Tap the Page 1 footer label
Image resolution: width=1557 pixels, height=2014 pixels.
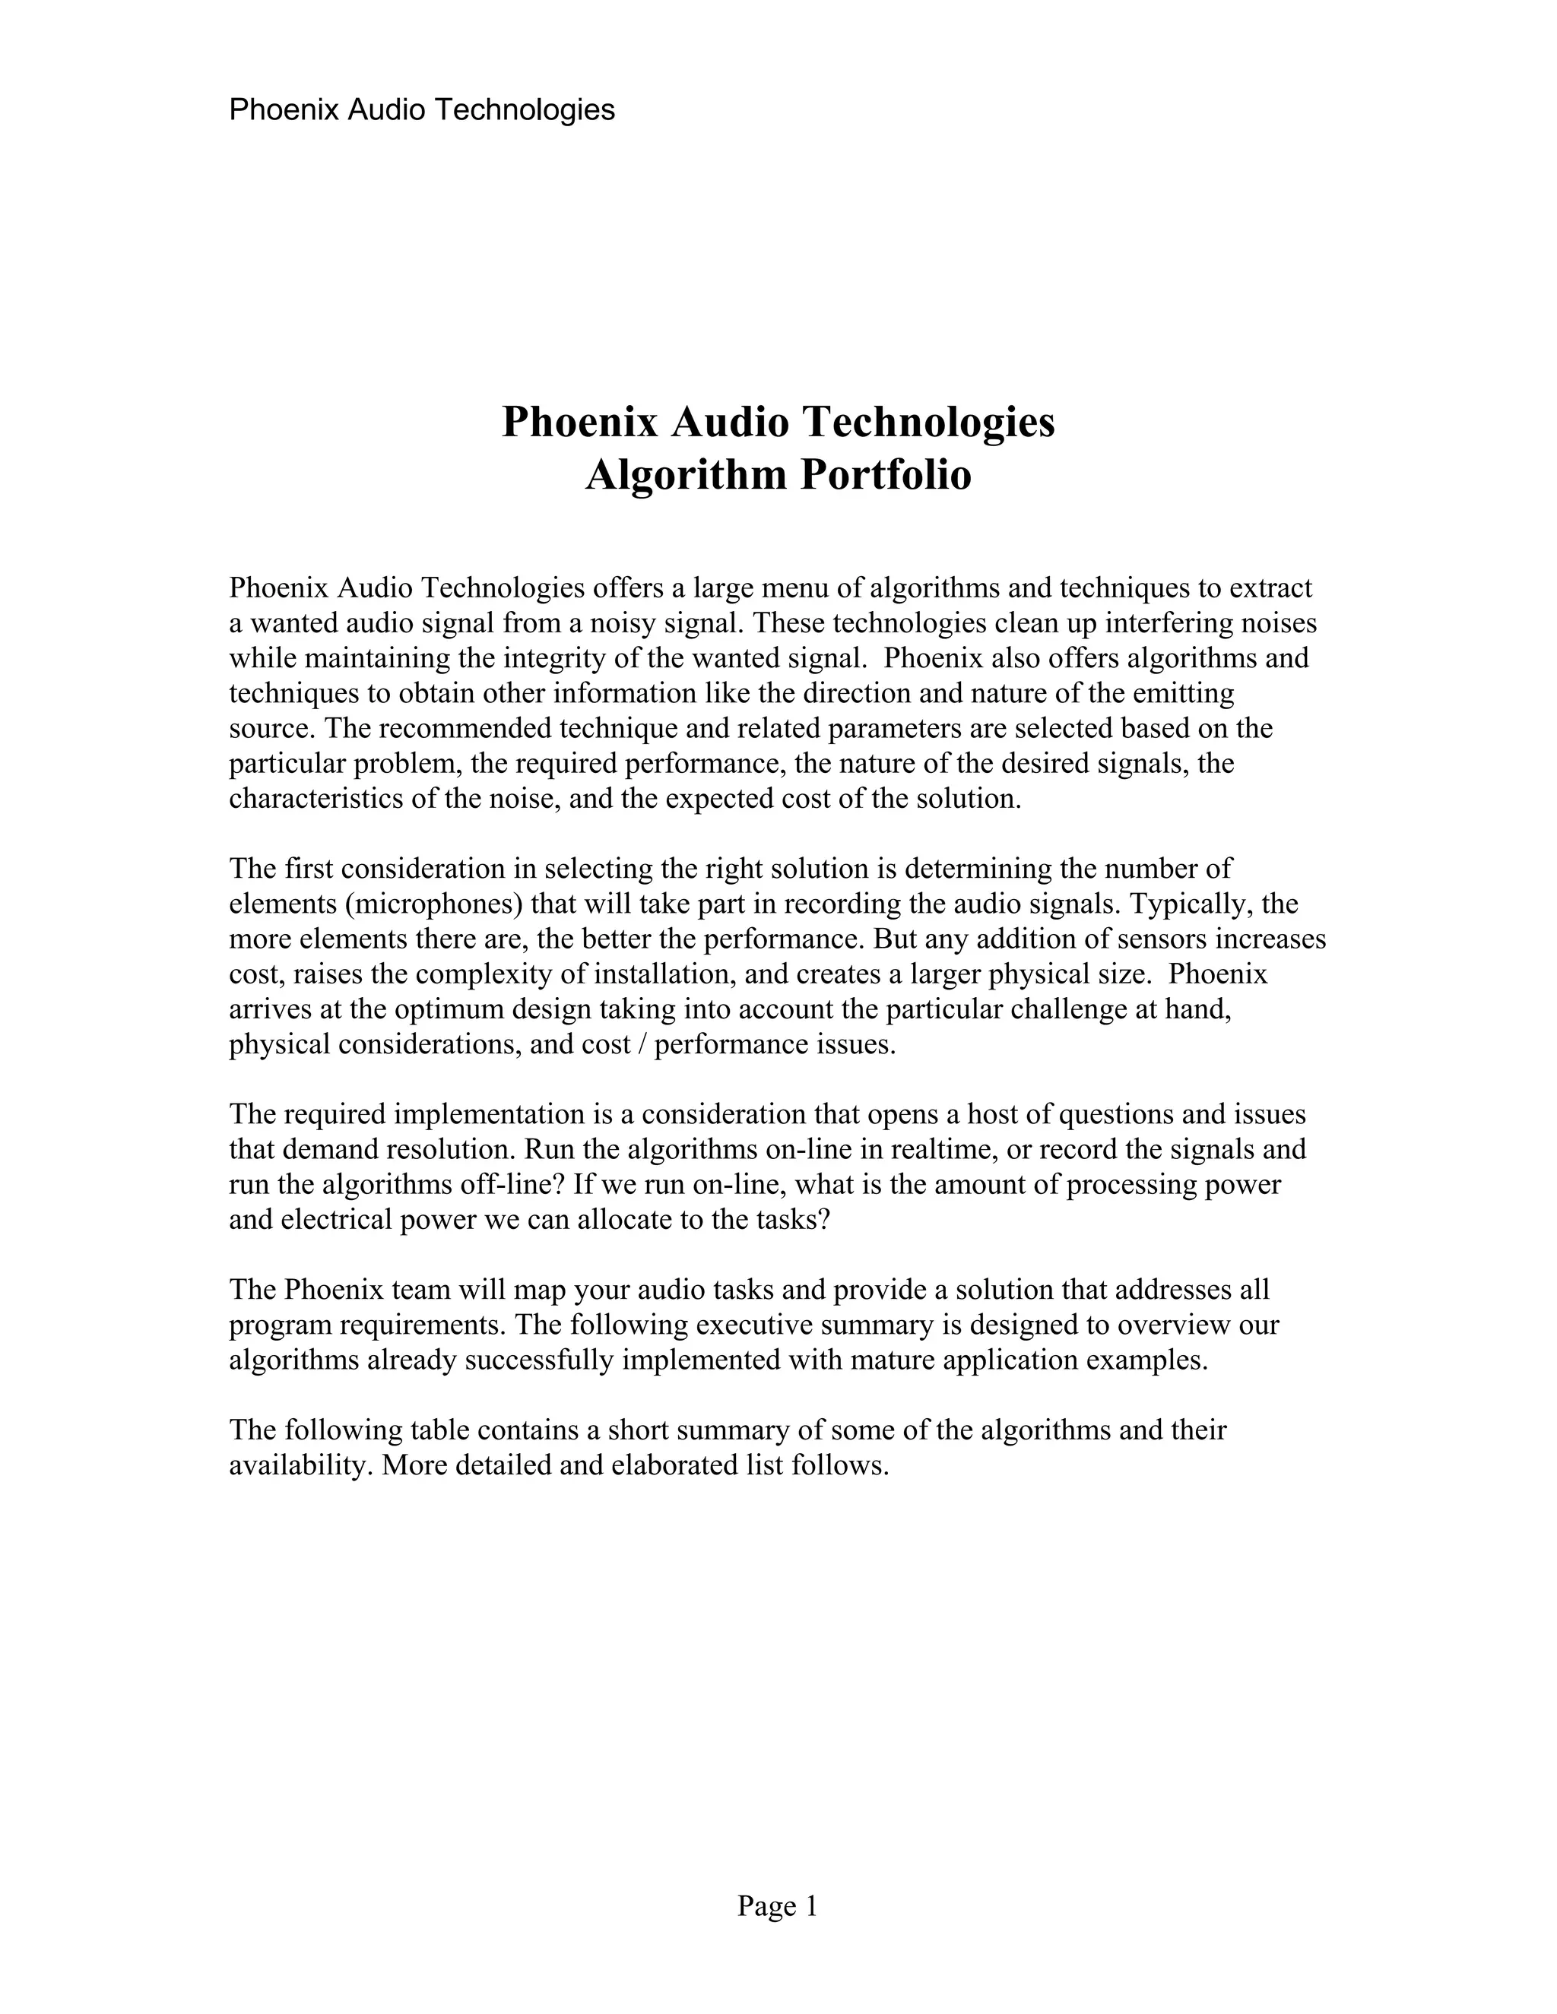coord(777,1906)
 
